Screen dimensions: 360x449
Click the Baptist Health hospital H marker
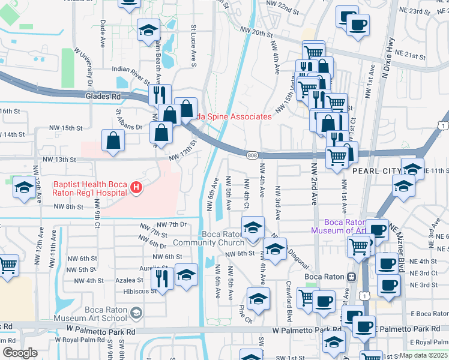point(137,189)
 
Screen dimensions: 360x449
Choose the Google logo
point(20,353)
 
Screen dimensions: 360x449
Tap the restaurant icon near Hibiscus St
point(161,277)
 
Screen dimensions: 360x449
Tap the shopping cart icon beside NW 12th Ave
point(7,264)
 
